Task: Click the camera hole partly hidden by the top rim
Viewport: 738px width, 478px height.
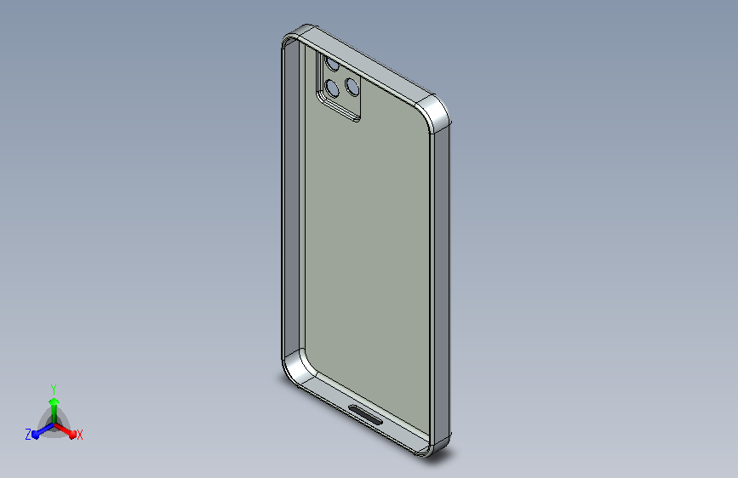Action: (x=332, y=65)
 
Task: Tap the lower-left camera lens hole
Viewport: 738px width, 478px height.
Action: (x=332, y=88)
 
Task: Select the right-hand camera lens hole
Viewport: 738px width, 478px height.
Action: (x=352, y=86)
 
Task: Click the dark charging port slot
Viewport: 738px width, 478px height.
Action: (x=366, y=414)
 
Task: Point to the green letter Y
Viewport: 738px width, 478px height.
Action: (x=54, y=389)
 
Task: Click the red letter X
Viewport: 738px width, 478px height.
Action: (x=79, y=435)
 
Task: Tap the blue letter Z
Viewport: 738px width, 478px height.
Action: (x=28, y=435)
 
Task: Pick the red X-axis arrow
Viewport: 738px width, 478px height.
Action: (x=65, y=430)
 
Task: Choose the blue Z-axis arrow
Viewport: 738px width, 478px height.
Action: (x=43, y=430)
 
